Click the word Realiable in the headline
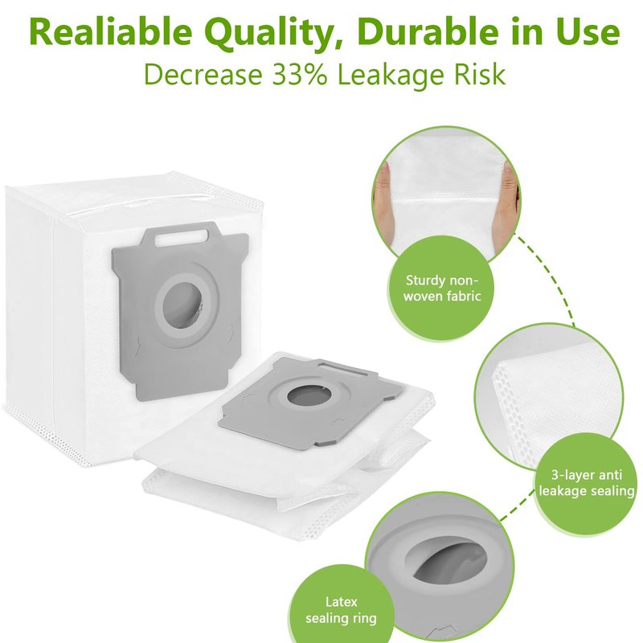[111, 32]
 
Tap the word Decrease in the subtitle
[203, 74]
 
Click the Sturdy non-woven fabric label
[441, 288]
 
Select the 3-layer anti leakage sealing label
[587, 483]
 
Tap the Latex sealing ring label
[341, 610]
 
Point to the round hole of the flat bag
[304, 396]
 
